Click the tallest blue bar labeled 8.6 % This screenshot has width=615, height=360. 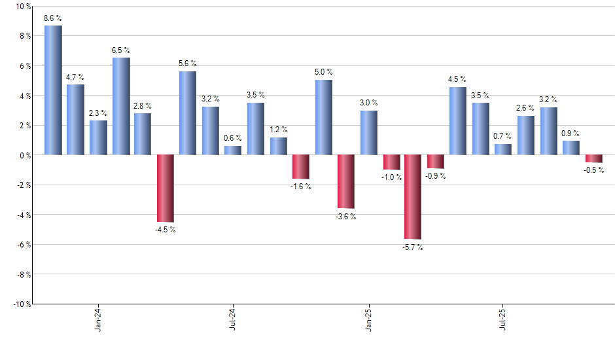(x=53, y=90)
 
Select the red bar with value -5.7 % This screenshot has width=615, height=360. (x=412, y=197)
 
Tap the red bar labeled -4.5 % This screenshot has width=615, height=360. (x=165, y=189)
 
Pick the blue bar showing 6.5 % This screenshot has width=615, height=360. (x=120, y=106)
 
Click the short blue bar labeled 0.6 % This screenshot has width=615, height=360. (x=232, y=150)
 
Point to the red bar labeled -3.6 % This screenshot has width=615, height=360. (x=345, y=181)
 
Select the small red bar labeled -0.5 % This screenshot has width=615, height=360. (x=593, y=158)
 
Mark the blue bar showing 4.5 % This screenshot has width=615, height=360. (x=457, y=121)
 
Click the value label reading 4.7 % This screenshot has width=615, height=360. (x=75, y=77)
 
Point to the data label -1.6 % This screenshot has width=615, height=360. (x=300, y=187)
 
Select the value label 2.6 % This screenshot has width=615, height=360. (x=525, y=108)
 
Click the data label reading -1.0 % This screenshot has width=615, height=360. (x=391, y=177)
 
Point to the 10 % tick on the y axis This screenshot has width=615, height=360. (x=22, y=7)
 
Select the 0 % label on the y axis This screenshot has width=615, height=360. (x=24, y=155)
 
